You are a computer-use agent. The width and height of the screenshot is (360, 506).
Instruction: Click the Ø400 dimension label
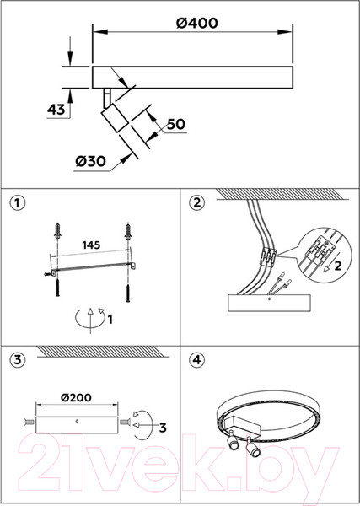pos(197,23)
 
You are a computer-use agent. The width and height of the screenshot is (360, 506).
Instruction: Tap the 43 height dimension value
pos(56,110)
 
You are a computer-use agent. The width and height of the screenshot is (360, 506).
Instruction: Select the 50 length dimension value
pos(176,124)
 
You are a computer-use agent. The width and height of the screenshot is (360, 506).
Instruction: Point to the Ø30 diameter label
pos(91,161)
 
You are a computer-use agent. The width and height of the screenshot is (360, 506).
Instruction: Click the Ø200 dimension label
pos(77,397)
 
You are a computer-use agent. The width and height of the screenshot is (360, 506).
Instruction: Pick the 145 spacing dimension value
pos(91,245)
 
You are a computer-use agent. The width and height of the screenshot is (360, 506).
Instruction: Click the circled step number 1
pos(18,203)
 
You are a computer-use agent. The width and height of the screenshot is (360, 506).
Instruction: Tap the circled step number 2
pos(196,202)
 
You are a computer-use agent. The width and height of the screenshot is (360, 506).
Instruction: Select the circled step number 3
pos(18,359)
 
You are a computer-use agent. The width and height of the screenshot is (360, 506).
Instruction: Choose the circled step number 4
pos(196,359)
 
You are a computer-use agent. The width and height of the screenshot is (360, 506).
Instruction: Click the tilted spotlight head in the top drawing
pos(115,118)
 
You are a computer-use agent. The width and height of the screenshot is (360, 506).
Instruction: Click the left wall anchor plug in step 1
pos(57,230)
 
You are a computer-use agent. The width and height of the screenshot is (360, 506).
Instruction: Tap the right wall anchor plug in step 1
pos(128,230)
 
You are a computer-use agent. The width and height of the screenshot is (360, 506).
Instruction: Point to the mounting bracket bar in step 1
pos(94,267)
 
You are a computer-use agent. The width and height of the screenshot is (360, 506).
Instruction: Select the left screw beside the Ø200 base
pos(30,422)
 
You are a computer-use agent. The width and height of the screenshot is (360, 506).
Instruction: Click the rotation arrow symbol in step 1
pos(90,320)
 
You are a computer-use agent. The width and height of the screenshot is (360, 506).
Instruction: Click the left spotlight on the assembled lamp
pos(232,441)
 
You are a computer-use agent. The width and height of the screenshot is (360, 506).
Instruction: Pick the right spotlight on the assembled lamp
pos(252,447)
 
